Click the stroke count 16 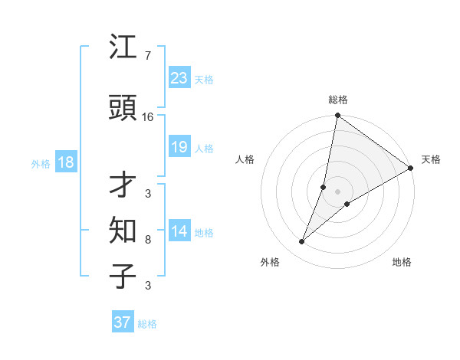click(x=148, y=117)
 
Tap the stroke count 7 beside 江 click(x=147, y=56)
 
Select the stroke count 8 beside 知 click(x=147, y=240)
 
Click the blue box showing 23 click(x=179, y=78)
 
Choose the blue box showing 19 click(x=179, y=147)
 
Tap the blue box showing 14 click(x=179, y=231)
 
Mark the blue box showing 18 click(x=65, y=162)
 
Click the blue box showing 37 click(x=122, y=322)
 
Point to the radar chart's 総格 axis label click(x=337, y=100)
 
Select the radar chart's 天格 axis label click(x=431, y=159)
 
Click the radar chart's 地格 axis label click(x=402, y=262)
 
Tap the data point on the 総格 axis click(x=337, y=116)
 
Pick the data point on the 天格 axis click(x=410, y=168)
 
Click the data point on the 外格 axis click(x=302, y=242)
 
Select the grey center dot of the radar click(x=337, y=191)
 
